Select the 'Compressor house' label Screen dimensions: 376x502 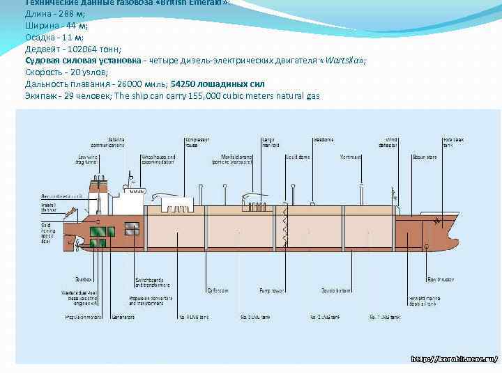coord(197,142)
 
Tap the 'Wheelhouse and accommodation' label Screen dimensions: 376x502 coord(157,159)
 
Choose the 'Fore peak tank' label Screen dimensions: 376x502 coord(453,142)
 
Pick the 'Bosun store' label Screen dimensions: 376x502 coord(424,157)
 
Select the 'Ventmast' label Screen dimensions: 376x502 coord(351,157)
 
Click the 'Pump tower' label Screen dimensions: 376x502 coord(273,290)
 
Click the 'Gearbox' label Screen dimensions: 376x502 coord(84,279)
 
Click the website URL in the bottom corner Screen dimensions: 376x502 coord(454,359)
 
